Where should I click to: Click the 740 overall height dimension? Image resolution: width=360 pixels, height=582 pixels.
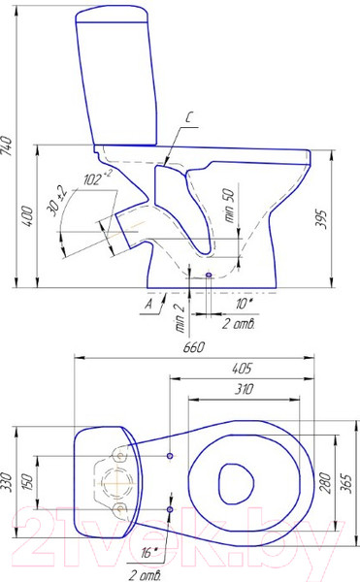(7, 145)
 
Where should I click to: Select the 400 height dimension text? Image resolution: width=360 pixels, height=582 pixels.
(28, 216)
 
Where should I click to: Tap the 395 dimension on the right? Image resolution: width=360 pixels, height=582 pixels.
(320, 219)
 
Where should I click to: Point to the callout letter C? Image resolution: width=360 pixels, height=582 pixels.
(188, 117)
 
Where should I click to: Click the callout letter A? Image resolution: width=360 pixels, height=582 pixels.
(148, 304)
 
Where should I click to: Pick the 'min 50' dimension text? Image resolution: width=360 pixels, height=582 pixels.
(229, 206)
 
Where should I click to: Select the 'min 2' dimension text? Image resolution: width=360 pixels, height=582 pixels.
(180, 318)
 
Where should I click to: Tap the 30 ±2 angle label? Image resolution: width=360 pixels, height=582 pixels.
(56, 201)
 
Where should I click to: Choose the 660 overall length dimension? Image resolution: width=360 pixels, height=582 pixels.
(194, 347)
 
